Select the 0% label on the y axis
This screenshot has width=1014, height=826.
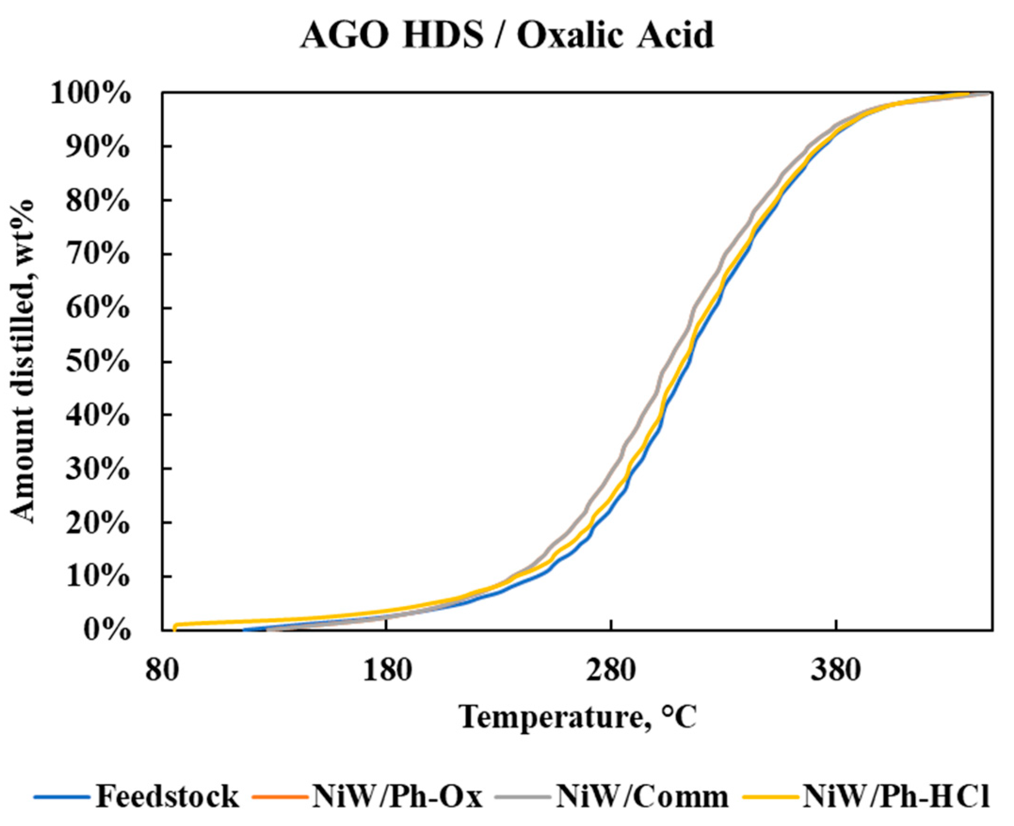106,631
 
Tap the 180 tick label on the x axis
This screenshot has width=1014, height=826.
386,671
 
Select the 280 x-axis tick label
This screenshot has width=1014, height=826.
611,671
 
